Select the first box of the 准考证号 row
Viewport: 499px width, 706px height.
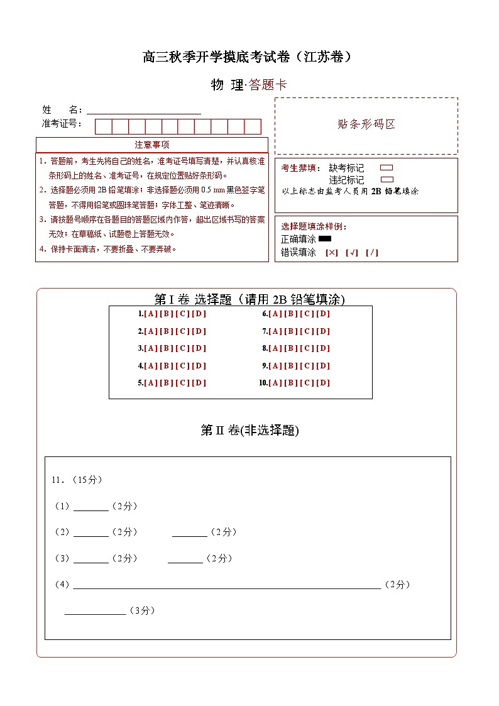tap(103, 126)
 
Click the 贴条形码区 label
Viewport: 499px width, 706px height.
tap(366, 124)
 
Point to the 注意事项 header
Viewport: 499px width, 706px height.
tap(151, 145)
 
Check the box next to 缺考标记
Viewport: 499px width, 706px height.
tap(387, 168)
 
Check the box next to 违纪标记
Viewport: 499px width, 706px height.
tap(387, 180)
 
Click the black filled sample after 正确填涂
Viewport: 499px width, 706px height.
tap(325, 239)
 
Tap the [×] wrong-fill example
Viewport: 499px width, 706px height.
tap(331, 253)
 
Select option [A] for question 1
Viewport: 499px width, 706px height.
tap(151, 314)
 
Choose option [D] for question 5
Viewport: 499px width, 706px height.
tap(199, 383)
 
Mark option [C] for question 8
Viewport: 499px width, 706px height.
tap(307, 348)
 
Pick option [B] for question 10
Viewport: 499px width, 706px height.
tap(291, 383)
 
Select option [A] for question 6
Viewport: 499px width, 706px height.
tap(275, 314)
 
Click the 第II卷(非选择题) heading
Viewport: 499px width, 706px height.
tap(249, 431)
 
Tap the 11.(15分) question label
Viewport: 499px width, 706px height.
tap(77, 480)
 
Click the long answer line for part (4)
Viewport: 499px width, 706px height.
tap(226, 586)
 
